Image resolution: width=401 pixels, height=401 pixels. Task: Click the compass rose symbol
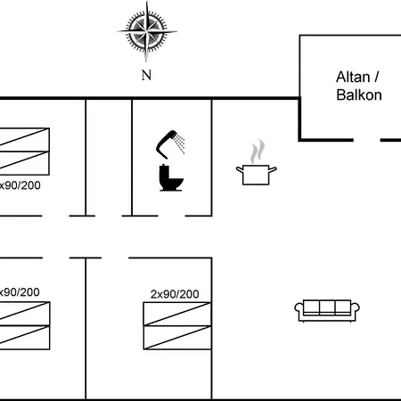(x=146, y=31)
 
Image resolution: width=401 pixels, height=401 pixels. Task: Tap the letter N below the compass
(x=146, y=76)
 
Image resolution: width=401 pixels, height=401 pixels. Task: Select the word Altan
(x=353, y=77)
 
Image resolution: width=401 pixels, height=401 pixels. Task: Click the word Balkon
(x=359, y=95)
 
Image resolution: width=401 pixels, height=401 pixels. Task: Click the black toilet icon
(x=171, y=177)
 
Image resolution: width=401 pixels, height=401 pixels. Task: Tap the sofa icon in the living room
(x=327, y=311)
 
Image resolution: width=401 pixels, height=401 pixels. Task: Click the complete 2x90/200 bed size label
(x=175, y=294)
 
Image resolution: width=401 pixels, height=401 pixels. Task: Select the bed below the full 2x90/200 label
(x=177, y=325)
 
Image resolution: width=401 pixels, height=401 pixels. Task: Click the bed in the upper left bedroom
(x=25, y=151)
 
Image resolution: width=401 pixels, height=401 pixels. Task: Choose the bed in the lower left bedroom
(x=25, y=325)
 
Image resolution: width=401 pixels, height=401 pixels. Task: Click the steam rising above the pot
(x=257, y=151)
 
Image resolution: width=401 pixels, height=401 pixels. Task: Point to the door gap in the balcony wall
(x=367, y=140)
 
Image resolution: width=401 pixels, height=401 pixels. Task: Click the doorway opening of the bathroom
(x=171, y=216)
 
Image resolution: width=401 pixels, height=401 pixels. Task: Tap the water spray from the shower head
(x=180, y=143)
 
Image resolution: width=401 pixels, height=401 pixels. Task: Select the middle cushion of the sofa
(x=327, y=307)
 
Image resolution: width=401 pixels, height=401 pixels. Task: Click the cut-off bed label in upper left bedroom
(x=20, y=185)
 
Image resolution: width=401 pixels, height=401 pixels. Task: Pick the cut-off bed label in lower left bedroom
(x=20, y=292)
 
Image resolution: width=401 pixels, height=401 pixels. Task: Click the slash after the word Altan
(x=377, y=77)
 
